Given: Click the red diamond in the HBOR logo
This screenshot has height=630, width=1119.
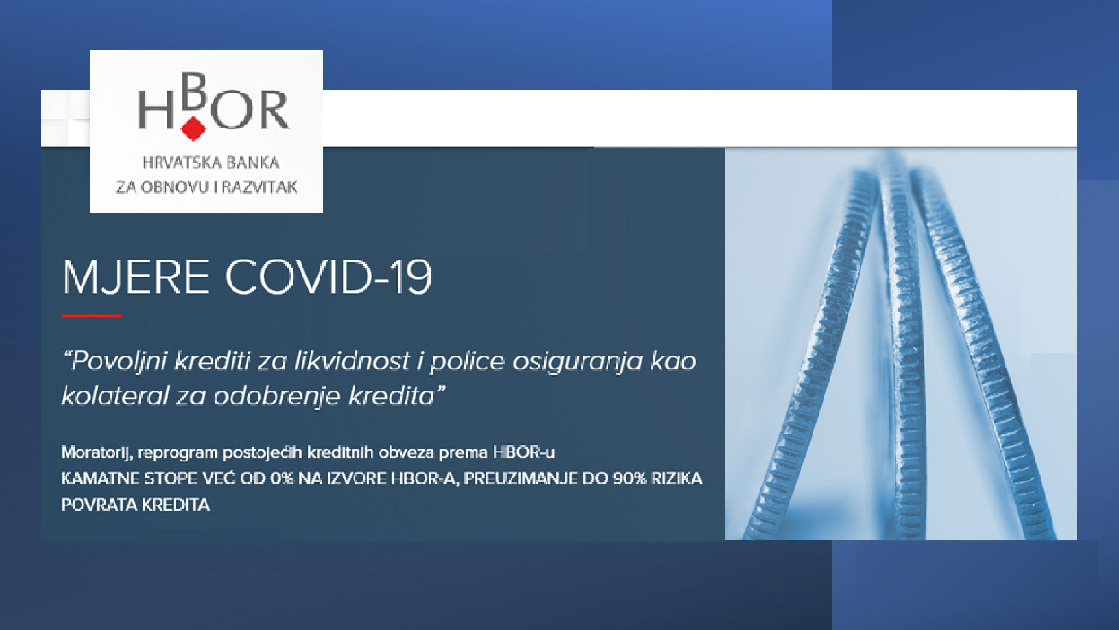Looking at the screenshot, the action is point(193,128).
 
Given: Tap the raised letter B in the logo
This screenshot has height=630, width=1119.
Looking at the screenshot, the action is point(193,91).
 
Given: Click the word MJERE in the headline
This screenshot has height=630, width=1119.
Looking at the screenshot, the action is point(135,277).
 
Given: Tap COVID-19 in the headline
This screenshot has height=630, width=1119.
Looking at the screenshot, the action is point(328,277).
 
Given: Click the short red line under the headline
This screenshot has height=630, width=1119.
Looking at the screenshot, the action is point(91,316).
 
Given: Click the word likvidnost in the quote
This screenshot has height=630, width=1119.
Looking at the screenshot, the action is point(352,360).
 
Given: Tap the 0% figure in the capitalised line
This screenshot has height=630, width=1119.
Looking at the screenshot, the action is point(282,478).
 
